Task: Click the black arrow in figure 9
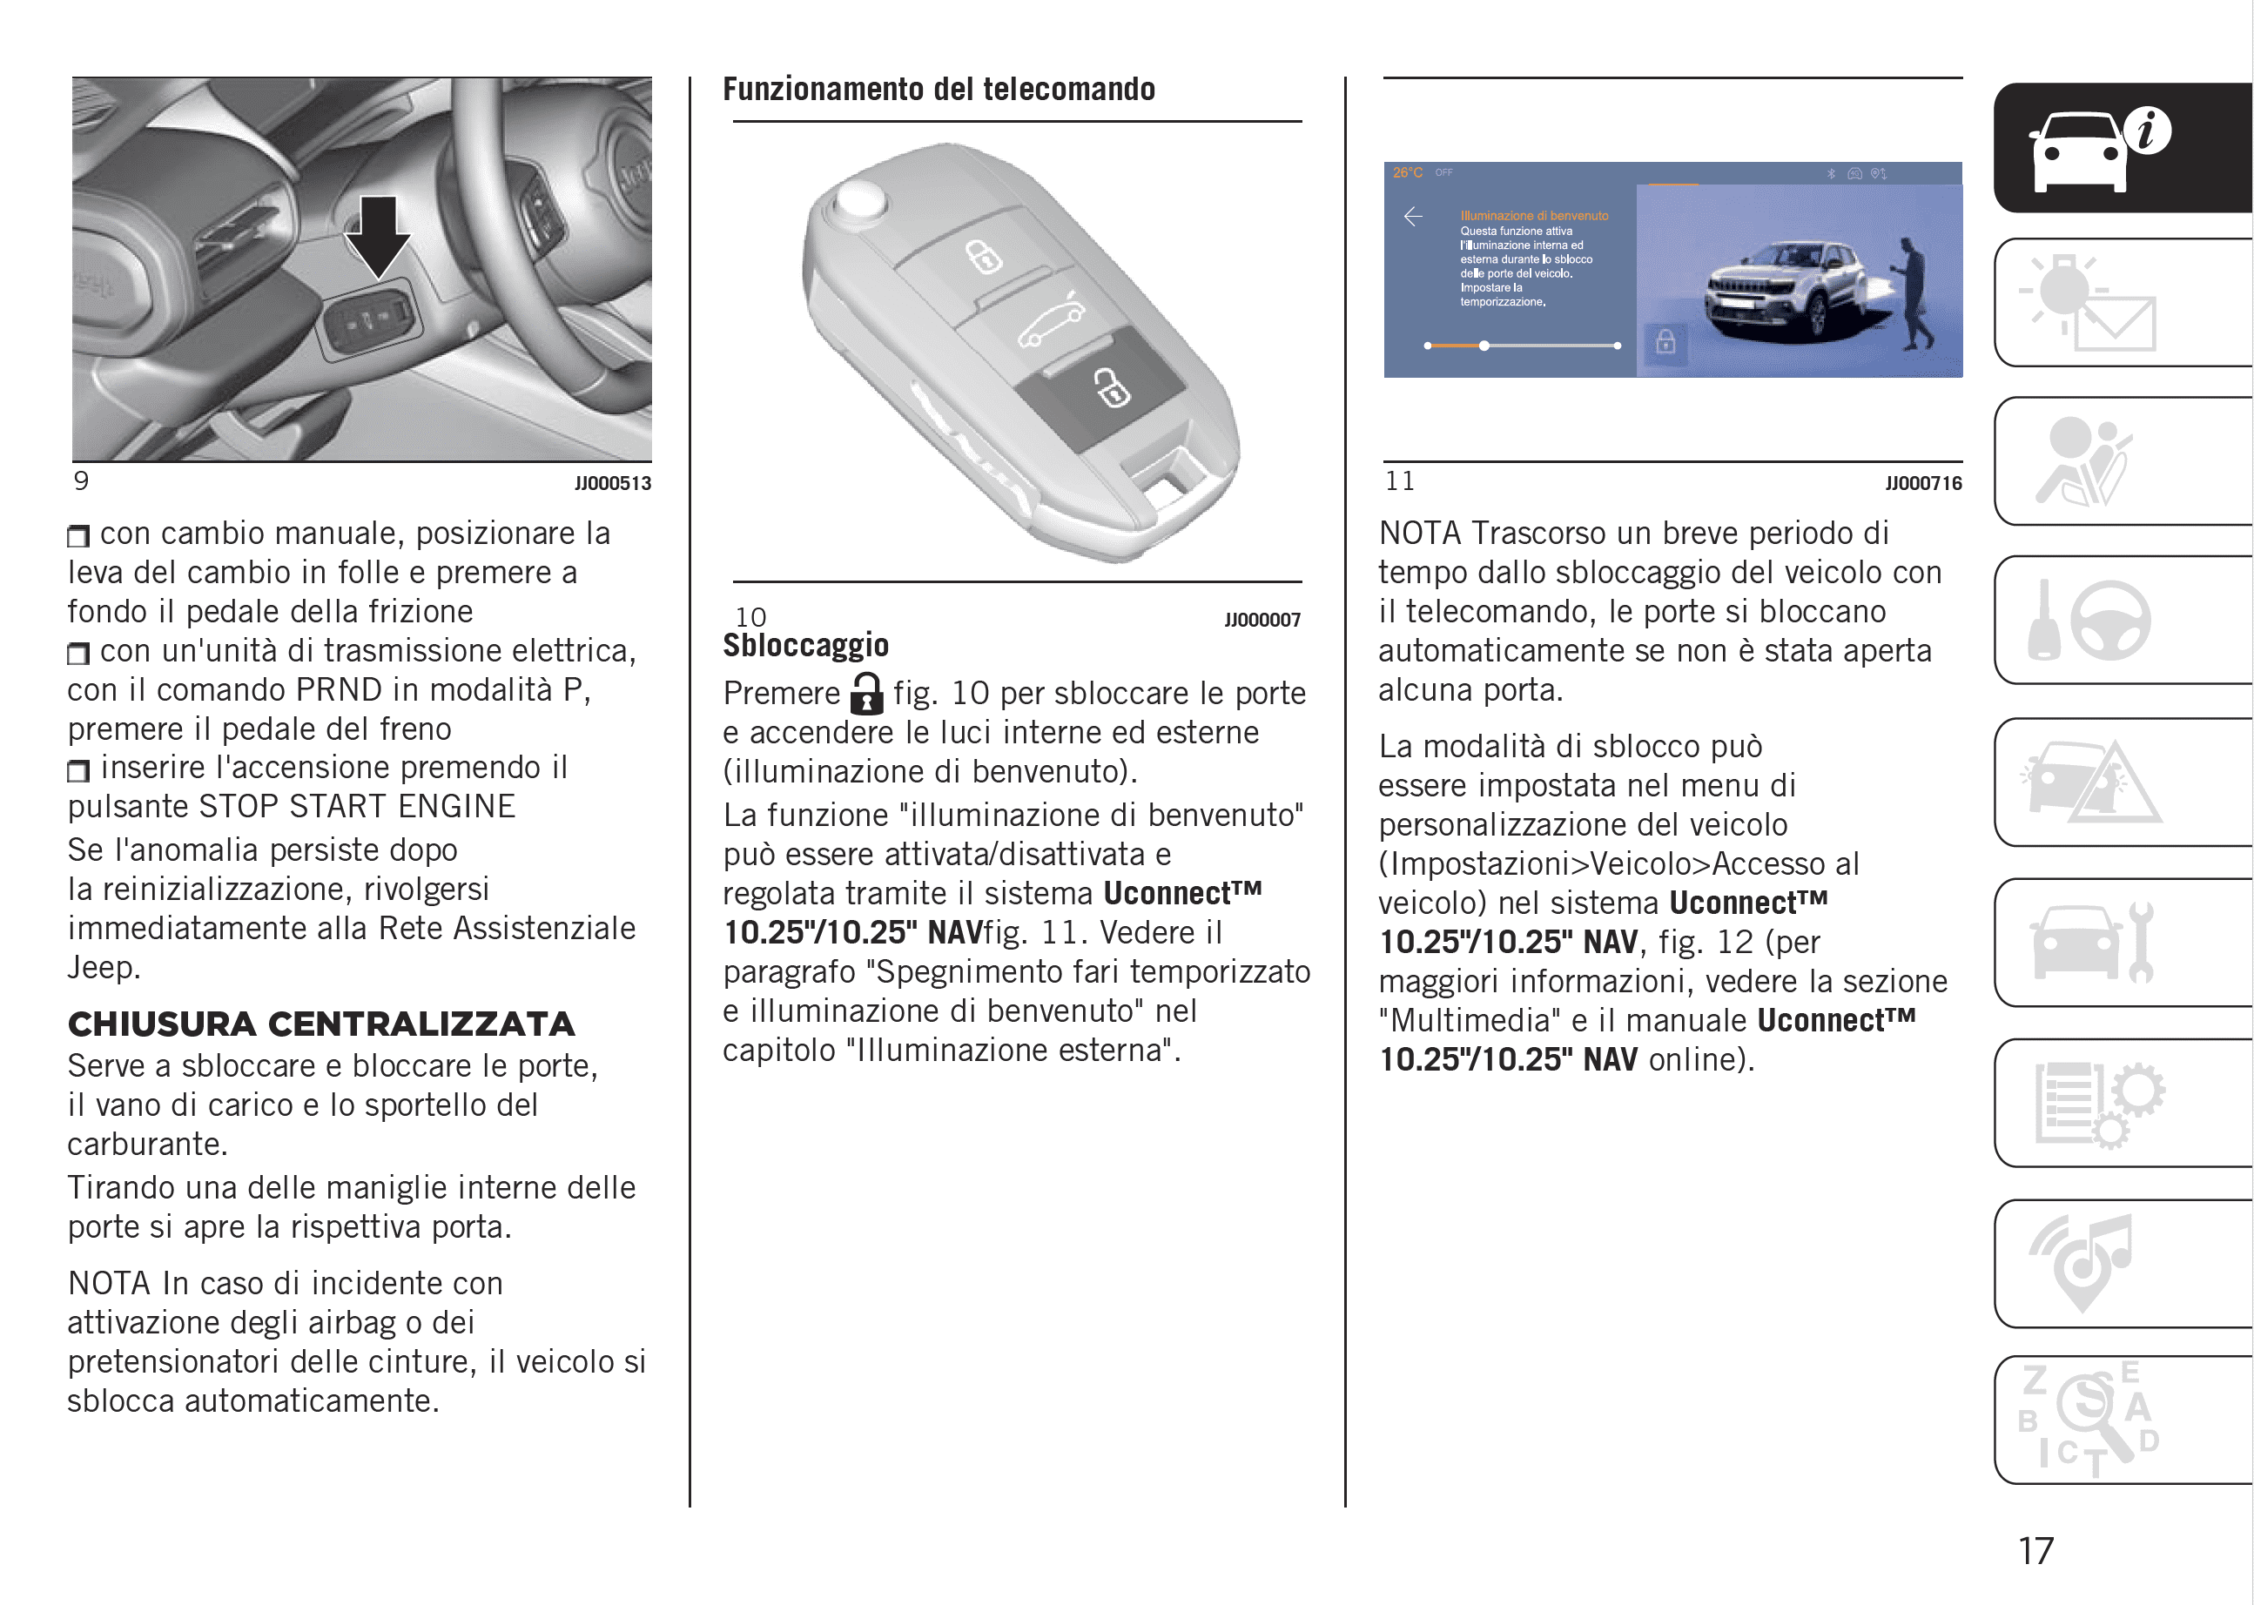pyautogui.click(x=378, y=235)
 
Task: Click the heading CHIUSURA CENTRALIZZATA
pyautogui.click(x=321, y=1024)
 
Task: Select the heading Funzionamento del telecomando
pyautogui.click(x=939, y=90)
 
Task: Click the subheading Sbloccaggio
pyautogui.click(x=805, y=645)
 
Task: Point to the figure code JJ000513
pyautogui.click(x=613, y=483)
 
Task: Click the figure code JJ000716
pyautogui.click(x=1923, y=483)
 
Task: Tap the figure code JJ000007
pyautogui.click(x=1262, y=620)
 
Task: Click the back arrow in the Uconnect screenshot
pyautogui.click(x=1414, y=217)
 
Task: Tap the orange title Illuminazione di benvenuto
pyautogui.click(x=1534, y=216)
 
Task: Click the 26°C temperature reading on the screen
pyautogui.click(x=1408, y=173)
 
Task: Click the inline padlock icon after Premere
pyautogui.click(x=866, y=693)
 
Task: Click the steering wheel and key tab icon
pyautogui.click(x=2091, y=620)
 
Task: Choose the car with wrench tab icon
pyautogui.click(x=2091, y=942)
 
